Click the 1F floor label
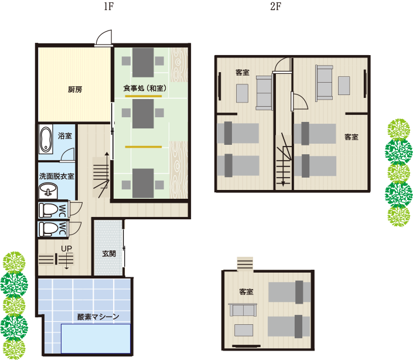pyautogui.click(x=108, y=6)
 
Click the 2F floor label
pyautogui.click(x=275, y=6)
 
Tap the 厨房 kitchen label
pyautogui.click(x=75, y=90)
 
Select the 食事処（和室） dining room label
pyautogui.click(x=145, y=89)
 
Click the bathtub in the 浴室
pyautogui.click(x=46, y=140)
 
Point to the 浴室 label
pyautogui.click(x=65, y=135)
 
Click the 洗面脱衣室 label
pyautogui.click(x=57, y=176)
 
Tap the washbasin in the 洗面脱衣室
pyautogui.click(x=48, y=191)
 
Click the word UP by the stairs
pyautogui.click(x=66, y=249)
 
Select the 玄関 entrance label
pyautogui.click(x=109, y=253)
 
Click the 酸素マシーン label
pyautogui.click(x=98, y=317)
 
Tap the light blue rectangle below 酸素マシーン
pyautogui.click(x=96, y=338)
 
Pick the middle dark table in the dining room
pyautogui.click(x=143, y=114)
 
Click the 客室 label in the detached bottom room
pyautogui.click(x=246, y=292)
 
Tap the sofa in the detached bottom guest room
pyautogui.click(x=243, y=310)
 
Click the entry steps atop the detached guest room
pyautogui.click(x=245, y=264)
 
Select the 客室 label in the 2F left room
pyautogui.click(x=243, y=73)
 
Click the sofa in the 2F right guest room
pyautogui.click(x=324, y=83)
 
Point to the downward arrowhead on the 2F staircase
pyautogui.click(x=283, y=184)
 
